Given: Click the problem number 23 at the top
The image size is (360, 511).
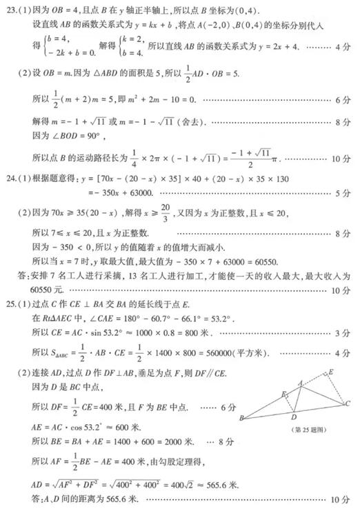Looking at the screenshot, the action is click(10, 9).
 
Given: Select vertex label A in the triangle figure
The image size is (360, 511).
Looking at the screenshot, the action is click(300, 382).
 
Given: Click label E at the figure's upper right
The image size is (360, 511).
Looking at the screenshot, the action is click(332, 371).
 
